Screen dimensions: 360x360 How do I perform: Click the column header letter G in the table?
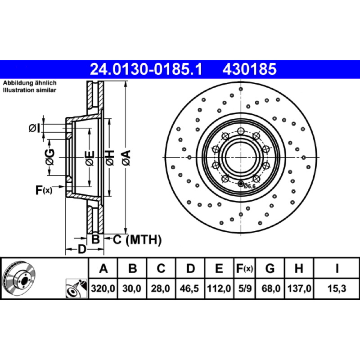click(x=270, y=269)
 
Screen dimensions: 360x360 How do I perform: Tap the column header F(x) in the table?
click(x=244, y=269)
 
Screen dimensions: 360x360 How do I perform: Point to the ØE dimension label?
click(x=90, y=157)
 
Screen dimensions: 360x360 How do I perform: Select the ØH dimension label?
click(x=110, y=157)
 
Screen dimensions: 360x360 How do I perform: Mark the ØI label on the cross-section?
click(x=34, y=129)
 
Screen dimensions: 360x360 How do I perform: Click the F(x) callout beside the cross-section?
click(x=44, y=190)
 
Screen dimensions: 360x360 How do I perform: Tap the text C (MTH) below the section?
click(x=137, y=240)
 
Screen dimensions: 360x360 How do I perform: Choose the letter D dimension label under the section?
click(x=81, y=249)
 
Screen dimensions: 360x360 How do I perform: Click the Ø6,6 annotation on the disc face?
click(x=249, y=186)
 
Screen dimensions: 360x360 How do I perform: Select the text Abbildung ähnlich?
click(x=30, y=83)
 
